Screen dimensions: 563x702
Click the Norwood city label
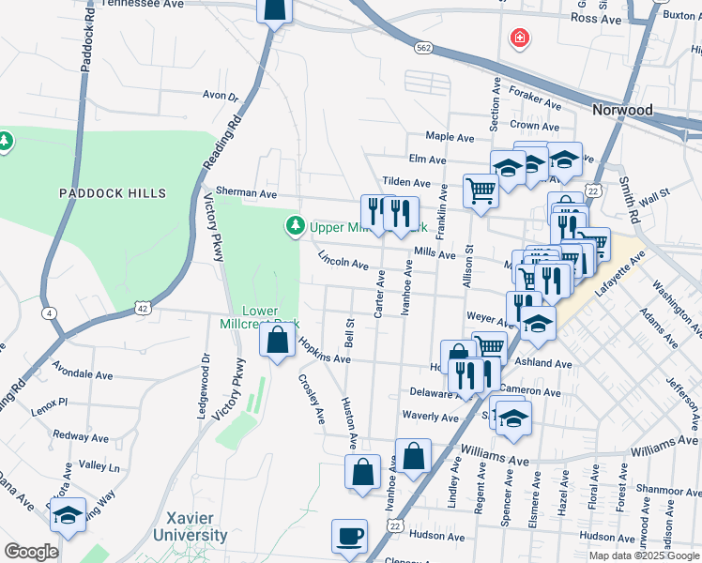click(622, 110)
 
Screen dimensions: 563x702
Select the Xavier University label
click(196, 526)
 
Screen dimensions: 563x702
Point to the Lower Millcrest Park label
click(271, 317)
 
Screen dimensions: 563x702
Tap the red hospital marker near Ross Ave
click(518, 38)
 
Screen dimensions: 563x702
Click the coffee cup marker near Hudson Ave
click(350, 537)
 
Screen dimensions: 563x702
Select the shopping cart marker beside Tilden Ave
click(481, 190)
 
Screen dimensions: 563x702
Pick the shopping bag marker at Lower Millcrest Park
click(278, 341)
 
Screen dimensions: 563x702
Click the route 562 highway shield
click(423, 47)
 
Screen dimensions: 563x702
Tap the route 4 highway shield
click(48, 312)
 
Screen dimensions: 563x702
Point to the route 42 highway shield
click(142, 307)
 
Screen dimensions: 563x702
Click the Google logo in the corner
click(31, 552)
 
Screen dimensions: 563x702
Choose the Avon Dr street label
click(221, 96)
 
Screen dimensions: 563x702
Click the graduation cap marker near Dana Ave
click(69, 515)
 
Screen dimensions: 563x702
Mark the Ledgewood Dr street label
click(202, 385)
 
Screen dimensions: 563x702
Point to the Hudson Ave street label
click(437, 537)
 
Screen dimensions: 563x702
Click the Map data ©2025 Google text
click(643, 555)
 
